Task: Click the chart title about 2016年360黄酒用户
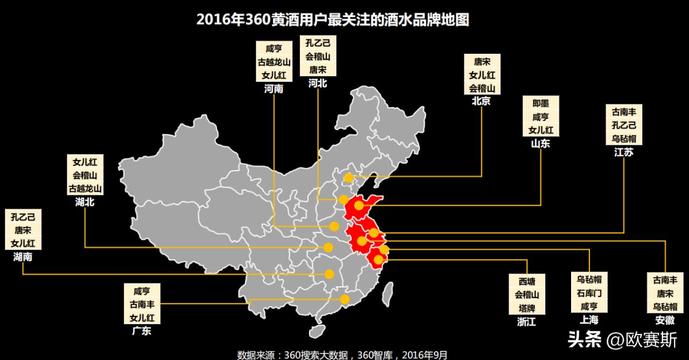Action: [333, 20]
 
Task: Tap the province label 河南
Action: [273, 89]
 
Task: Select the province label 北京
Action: [481, 101]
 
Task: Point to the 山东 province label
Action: [540, 144]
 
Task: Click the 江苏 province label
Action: [624, 152]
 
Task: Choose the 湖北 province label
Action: [85, 202]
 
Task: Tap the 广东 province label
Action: [142, 331]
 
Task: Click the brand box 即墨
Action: [540, 103]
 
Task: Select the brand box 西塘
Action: [528, 281]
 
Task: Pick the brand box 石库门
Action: [589, 293]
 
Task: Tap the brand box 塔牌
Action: [528, 308]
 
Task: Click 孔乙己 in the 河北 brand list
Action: [318, 43]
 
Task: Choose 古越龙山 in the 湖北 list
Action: [85, 189]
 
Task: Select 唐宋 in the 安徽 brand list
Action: [665, 294]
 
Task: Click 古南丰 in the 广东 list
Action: [142, 305]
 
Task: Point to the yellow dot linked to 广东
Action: [344, 299]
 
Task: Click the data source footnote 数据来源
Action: [342, 355]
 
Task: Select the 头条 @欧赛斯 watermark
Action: [622, 340]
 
